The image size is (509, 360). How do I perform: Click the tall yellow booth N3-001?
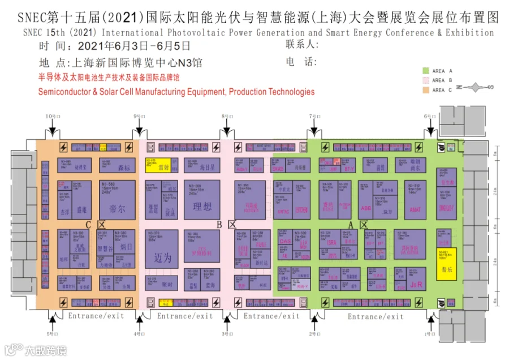click(x=446, y=263)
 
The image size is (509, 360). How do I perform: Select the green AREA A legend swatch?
click(x=426, y=71)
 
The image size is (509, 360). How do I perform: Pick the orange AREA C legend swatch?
click(x=426, y=90)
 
